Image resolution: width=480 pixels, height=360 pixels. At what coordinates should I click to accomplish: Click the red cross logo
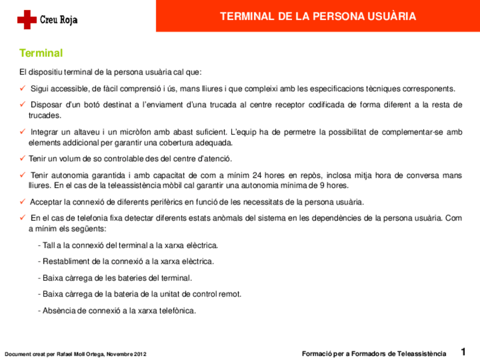point(27,20)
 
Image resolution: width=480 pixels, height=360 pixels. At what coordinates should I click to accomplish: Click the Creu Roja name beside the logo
point(58,20)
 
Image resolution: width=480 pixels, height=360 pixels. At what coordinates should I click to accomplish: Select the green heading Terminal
point(41,53)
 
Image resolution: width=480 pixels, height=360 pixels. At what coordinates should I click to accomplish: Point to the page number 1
point(463,352)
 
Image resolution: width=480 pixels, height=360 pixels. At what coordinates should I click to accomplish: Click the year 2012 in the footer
point(140,354)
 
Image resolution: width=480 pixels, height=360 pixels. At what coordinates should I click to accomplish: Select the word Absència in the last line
point(59,310)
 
